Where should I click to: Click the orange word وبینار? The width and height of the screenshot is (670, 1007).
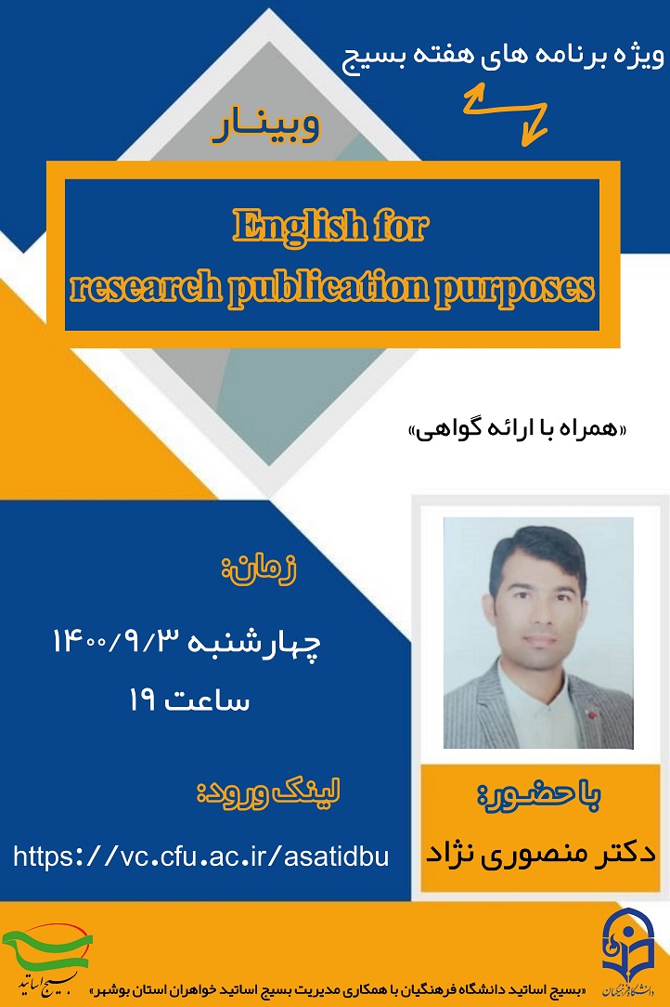click(265, 126)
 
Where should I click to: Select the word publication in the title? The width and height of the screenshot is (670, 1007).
click(329, 288)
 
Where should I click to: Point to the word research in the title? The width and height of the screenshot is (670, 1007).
click(146, 287)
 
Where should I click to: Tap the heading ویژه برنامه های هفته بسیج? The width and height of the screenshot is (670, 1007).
click(503, 57)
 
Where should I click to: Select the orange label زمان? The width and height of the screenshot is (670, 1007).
click(259, 569)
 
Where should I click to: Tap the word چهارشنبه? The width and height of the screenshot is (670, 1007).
click(254, 644)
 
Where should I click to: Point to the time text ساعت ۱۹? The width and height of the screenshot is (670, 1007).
click(189, 700)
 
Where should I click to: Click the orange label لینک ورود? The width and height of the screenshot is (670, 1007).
click(267, 792)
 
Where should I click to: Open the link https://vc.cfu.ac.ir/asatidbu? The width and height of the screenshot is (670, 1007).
click(200, 857)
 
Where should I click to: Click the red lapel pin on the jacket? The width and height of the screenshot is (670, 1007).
click(592, 713)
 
